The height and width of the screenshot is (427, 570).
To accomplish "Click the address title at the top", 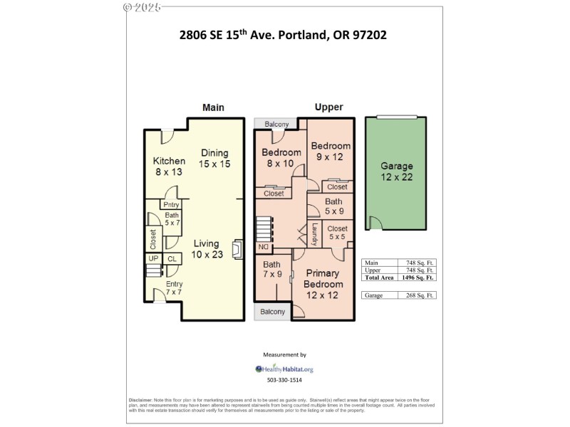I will coord(283,34).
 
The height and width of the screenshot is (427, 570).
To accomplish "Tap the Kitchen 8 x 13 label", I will coord(169,166).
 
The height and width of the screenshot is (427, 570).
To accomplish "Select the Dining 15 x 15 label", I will coord(214,158).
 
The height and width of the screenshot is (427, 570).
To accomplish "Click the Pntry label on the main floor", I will coord(172,205).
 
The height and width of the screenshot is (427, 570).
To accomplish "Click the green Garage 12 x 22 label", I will coord(395,172).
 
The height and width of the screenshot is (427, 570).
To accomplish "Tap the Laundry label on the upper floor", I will coord(314,235).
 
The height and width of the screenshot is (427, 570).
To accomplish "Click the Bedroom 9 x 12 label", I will coord(331,152).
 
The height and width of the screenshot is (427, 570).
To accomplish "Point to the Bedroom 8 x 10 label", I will coord(281,158).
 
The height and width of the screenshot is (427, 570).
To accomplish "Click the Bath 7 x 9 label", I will coord(272,269).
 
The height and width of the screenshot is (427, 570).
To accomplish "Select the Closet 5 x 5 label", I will coord(338,233).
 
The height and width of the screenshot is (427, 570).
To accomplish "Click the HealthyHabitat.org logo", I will coord(284,369).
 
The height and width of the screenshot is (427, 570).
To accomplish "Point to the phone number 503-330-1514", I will coord(284,381).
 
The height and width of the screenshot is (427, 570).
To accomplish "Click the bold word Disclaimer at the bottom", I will coord(140,401).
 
